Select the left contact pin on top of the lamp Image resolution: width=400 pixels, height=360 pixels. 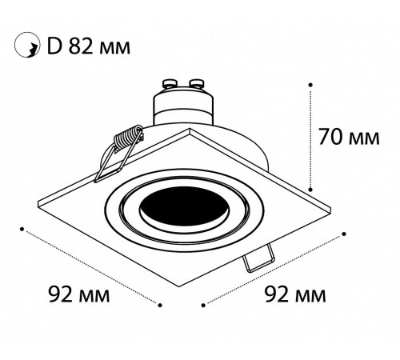tap(170, 82)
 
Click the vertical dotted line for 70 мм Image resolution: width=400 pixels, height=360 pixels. tap(310, 136)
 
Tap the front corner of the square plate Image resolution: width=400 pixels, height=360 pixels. tap(183, 285)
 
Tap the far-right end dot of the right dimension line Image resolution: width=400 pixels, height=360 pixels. tap(345, 234)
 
